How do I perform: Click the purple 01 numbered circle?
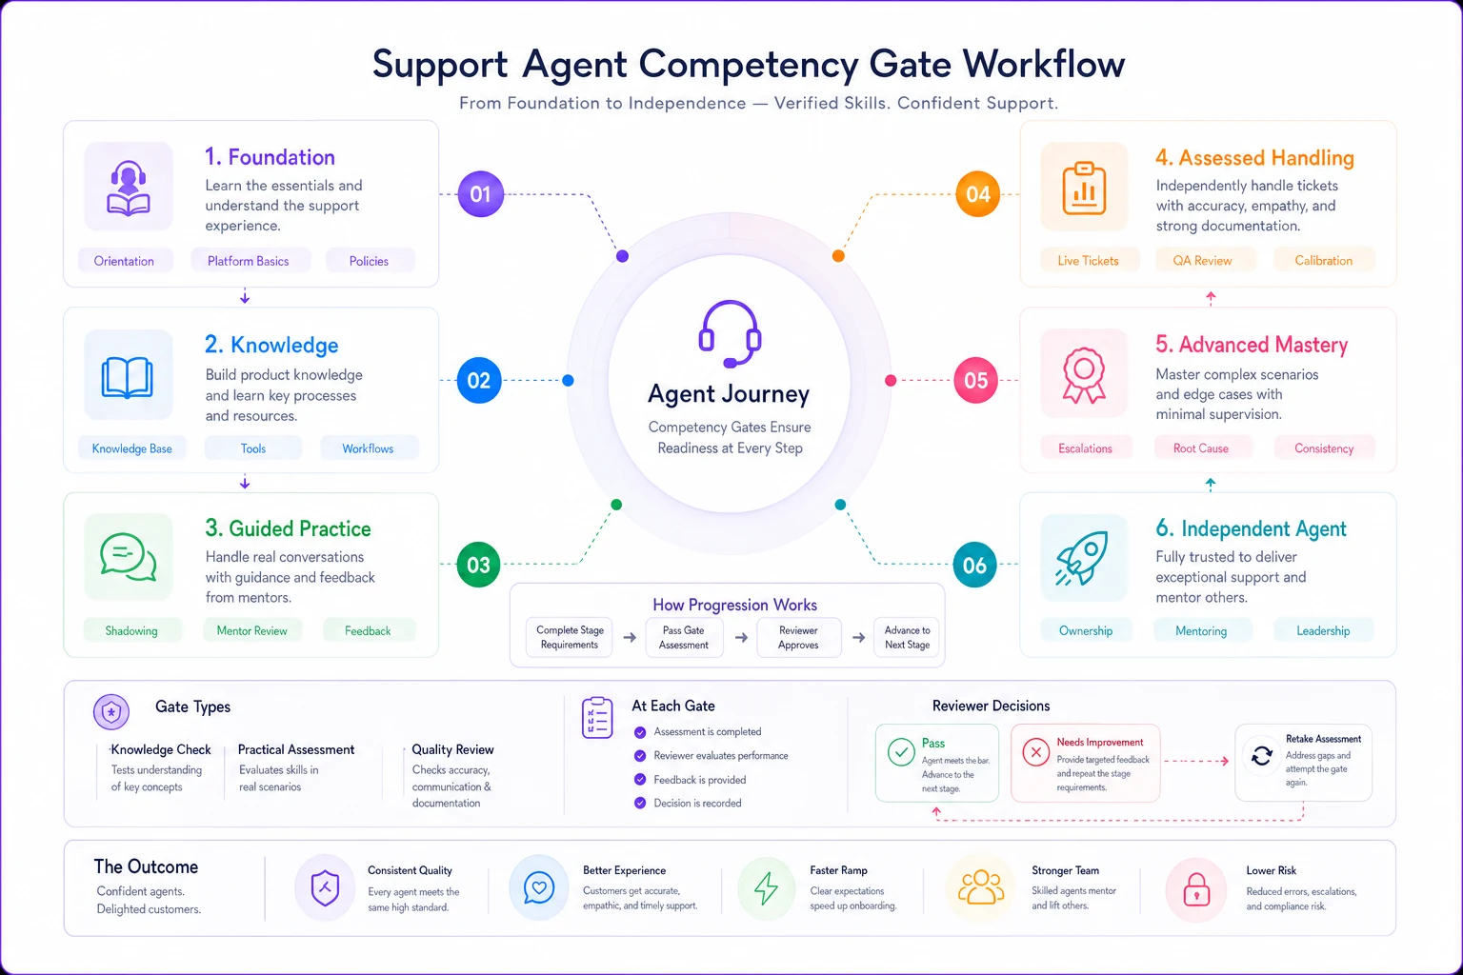point(480,194)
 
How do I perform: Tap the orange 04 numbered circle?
point(978,194)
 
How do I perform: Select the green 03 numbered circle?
point(478,565)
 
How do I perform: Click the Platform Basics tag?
point(249,261)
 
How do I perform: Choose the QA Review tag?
point(1202,261)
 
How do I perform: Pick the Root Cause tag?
point(1201,448)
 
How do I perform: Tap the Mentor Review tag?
point(252,631)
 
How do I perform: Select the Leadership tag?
point(1323,631)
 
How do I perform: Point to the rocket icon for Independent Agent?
point(1082,558)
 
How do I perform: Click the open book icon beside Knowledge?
point(128,377)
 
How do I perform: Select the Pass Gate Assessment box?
point(684,637)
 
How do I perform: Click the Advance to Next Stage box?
point(907,637)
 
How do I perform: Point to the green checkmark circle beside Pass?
point(901,752)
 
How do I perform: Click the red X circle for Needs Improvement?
point(1036,752)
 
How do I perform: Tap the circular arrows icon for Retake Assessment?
point(1262,756)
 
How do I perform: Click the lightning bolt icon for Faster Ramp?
point(766,888)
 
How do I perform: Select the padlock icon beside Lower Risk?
point(1196,889)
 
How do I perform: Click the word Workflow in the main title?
point(1044,64)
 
